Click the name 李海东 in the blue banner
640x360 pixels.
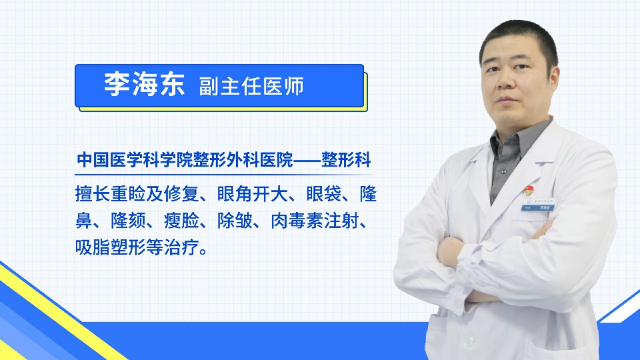coord(145,85)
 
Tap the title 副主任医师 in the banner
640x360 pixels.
coord(251,87)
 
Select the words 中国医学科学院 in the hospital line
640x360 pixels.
coord(135,159)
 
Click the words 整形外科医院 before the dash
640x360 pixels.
coord(244,159)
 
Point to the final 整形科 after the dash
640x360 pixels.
coord(346,159)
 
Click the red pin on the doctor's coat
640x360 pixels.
coord(529,190)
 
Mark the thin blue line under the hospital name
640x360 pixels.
coord(223,175)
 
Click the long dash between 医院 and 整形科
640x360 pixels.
coord(307,160)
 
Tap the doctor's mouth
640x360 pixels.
coord(507,100)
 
